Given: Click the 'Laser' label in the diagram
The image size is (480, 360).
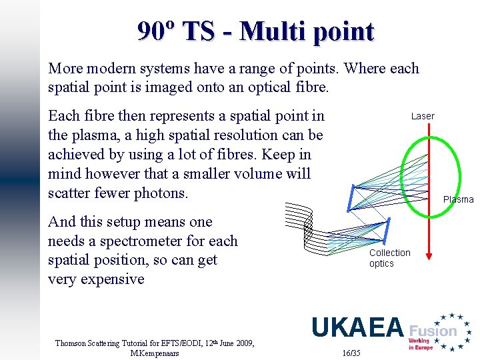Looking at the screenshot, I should [423, 116].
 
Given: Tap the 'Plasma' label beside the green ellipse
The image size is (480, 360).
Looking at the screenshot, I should [459, 199].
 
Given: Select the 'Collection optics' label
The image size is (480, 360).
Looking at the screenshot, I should [389, 258].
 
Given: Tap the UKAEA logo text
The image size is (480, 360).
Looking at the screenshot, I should [358, 327].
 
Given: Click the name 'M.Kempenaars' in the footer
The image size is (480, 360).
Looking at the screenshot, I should [155, 353].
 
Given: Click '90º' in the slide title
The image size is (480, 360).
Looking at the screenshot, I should [157, 31].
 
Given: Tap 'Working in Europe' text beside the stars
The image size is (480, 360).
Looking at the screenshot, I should [419, 345].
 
